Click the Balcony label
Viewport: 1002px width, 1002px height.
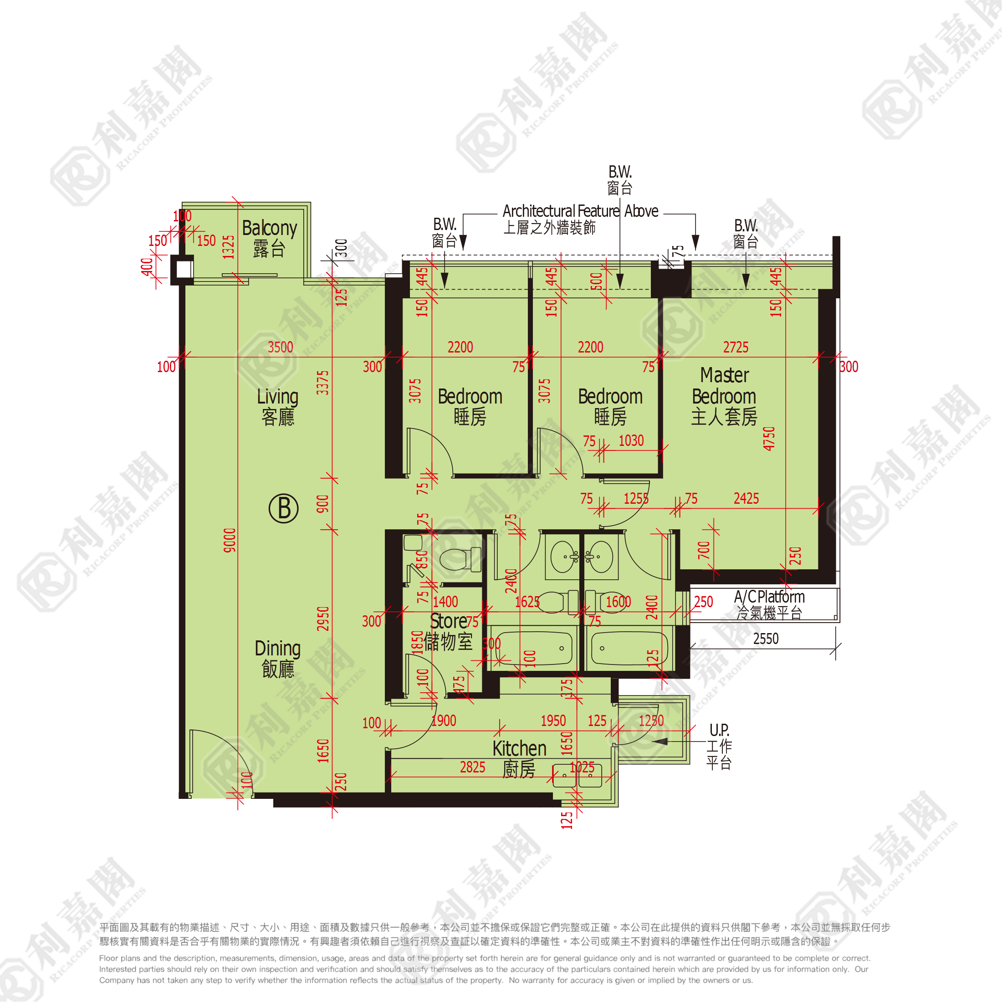(x=269, y=228)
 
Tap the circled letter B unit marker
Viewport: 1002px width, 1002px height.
(x=284, y=508)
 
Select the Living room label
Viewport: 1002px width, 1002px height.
(x=278, y=397)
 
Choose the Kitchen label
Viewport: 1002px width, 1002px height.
(x=519, y=749)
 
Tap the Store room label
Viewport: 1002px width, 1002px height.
(x=449, y=621)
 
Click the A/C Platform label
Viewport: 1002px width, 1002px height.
(x=769, y=597)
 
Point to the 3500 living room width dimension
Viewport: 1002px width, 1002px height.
(x=281, y=347)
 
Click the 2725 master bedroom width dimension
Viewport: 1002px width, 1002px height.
(x=736, y=347)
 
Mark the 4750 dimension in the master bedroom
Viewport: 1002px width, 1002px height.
(x=769, y=438)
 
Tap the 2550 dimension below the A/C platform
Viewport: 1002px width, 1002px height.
(x=766, y=639)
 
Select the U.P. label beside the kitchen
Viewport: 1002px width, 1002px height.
(x=719, y=730)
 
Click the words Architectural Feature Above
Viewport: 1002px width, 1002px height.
(x=580, y=211)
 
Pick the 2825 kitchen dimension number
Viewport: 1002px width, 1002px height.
(x=472, y=767)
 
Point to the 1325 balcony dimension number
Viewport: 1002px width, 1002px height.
(x=229, y=246)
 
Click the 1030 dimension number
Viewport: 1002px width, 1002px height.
(x=631, y=440)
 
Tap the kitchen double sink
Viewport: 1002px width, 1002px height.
(x=577, y=775)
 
